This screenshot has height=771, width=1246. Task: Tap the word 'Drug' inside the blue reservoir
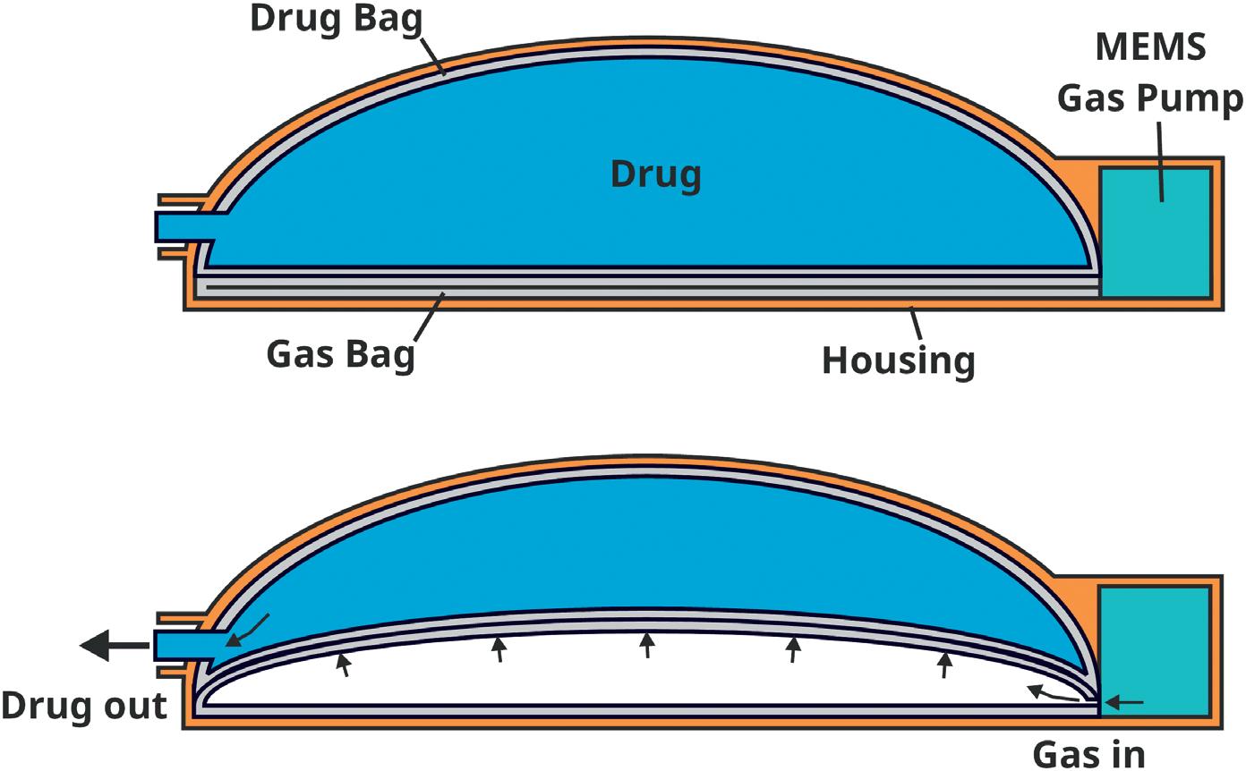point(655,174)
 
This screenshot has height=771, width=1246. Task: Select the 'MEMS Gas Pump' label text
point(1149,72)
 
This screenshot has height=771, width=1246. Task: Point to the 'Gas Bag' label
point(341,354)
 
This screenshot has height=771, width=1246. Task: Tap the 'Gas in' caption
point(1088,753)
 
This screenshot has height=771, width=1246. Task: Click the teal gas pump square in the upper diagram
point(1155,232)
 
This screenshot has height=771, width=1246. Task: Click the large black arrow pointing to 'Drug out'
point(113,644)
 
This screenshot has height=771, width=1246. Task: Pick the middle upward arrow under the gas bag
point(647,645)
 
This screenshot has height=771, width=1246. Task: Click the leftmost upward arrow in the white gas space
point(343,665)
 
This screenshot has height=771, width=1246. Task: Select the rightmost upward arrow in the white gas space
point(944,665)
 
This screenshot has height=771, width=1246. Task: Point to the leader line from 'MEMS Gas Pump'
point(1160,161)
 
